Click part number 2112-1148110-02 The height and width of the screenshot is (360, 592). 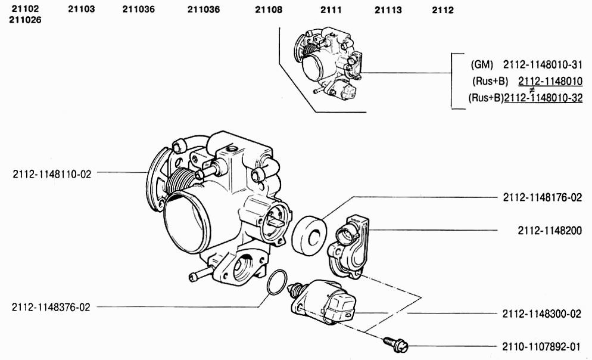[52, 174]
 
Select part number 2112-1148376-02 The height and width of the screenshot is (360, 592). [51, 307]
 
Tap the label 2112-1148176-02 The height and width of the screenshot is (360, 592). [542, 197]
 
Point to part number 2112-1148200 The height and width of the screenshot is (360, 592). [550, 231]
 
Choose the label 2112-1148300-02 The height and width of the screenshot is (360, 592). [541, 314]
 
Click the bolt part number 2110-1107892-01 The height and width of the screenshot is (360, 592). [541, 347]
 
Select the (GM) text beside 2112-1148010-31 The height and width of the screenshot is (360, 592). [482, 64]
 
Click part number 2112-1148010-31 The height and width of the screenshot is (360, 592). [543, 64]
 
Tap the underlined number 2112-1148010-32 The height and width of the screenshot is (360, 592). [543, 98]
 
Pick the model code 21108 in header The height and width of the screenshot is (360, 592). [269, 10]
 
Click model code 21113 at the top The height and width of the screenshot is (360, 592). [388, 10]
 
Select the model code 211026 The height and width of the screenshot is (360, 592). [25, 20]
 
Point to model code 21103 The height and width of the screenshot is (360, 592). [81, 9]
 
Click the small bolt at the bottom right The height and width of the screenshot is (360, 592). [395, 345]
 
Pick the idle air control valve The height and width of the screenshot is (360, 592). [323, 303]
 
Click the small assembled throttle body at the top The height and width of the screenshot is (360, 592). [327, 63]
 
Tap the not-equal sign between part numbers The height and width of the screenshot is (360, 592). [532, 90]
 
